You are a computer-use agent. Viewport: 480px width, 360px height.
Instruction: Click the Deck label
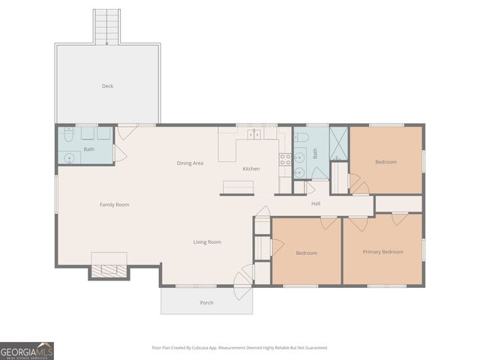coord(108,86)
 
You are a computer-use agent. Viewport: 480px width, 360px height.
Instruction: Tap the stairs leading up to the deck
coord(106,26)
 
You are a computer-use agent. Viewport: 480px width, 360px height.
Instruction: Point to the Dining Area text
coord(190,163)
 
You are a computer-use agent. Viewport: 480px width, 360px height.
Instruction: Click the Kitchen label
coord(251,169)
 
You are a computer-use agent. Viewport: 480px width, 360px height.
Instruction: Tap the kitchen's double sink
coord(255,133)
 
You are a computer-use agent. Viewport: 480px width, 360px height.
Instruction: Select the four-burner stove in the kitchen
coord(285,159)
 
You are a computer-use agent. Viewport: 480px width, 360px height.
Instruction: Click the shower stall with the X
coord(339,143)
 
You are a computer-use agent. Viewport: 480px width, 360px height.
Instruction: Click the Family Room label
coord(115,204)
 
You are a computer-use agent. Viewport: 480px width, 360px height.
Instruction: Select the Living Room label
coord(207,241)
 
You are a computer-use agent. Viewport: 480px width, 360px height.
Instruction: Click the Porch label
coord(206,302)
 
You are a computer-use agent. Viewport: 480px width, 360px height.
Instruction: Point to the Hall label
coord(316,203)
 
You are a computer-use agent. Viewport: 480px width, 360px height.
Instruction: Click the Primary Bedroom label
coord(382,251)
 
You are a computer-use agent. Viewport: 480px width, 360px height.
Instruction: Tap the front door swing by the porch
coord(241,284)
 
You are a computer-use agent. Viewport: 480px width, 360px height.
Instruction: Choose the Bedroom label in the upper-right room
coord(385,161)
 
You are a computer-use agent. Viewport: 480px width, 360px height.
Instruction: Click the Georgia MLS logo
coord(27,351)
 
